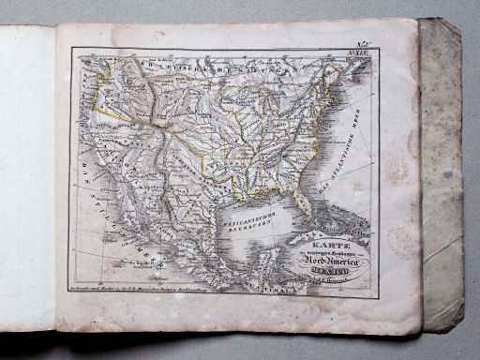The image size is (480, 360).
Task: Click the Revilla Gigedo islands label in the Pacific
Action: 118,263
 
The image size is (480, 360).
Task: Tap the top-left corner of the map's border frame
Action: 71,50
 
